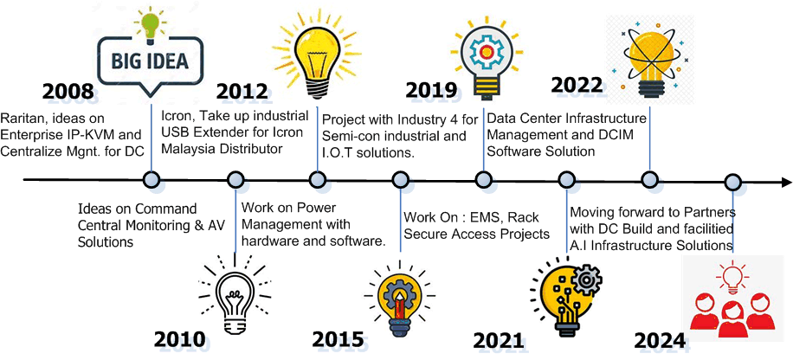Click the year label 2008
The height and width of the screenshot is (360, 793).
(x=68, y=92)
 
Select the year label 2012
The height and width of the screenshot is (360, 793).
(x=242, y=92)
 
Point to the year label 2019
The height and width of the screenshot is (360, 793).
(x=432, y=89)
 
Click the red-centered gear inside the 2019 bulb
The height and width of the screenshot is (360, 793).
(x=486, y=51)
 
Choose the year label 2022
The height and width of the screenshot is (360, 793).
(x=577, y=85)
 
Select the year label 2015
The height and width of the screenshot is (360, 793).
(x=338, y=340)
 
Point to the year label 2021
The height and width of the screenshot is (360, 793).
(x=499, y=341)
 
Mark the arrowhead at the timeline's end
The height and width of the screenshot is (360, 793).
(x=786, y=182)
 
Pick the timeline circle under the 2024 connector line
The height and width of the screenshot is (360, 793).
(x=732, y=182)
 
